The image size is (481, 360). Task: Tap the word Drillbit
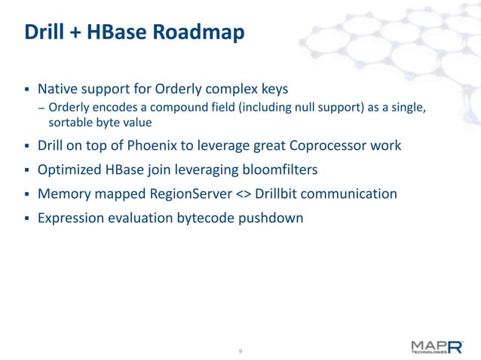277,194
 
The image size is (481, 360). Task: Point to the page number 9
240,352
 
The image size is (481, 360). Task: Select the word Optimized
72,169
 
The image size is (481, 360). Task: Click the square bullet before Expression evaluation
26,218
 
